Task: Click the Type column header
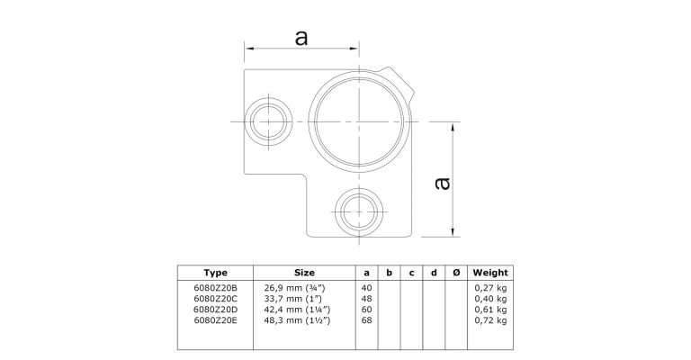[x=216, y=273]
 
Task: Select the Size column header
[x=304, y=273]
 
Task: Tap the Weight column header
[x=490, y=273]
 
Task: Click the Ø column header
[x=456, y=273]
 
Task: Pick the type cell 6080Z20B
[x=216, y=288]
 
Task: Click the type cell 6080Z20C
[x=216, y=299]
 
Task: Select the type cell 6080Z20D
[x=216, y=310]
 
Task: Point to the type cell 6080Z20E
[x=216, y=320]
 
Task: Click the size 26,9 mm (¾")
[x=295, y=288]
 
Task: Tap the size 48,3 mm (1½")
[x=298, y=320]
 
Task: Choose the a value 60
[x=367, y=310]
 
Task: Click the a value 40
[x=367, y=288]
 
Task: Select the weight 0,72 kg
[x=490, y=320]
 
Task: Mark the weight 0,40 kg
[x=490, y=299]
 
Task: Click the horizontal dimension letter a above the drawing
[x=301, y=38]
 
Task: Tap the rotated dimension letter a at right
[x=442, y=184]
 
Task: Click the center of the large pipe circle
[x=360, y=121]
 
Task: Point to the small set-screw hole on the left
[x=268, y=121]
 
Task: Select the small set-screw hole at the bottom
[x=360, y=211]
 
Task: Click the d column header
[x=434, y=273]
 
